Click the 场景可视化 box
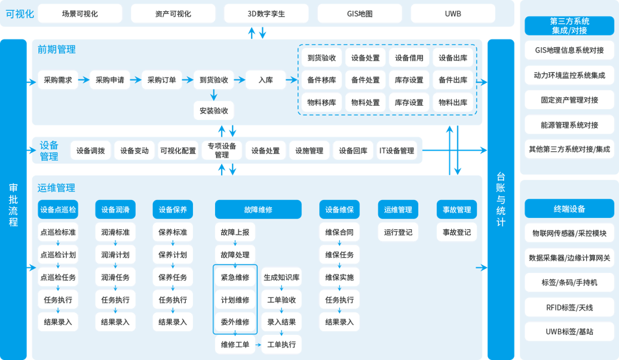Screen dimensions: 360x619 (x=79, y=13)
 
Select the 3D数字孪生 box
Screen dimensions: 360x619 (x=266, y=13)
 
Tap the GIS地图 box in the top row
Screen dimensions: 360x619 (x=359, y=13)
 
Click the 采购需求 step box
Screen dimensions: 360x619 (x=58, y=80)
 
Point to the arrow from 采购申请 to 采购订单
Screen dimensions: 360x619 (x=136, y=80)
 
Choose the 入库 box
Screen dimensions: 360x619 (x=266, y=80)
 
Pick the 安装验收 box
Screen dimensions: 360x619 (x=214, y=110)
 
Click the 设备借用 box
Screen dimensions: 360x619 (x=409, y=58)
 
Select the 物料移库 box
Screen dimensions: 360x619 (x=321, y=103)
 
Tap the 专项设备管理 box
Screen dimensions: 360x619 (x=222, y=150)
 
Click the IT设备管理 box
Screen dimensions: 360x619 (x=397, y=151)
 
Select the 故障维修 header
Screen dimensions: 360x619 (x=258, y=210)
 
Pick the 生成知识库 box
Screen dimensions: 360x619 (x=281, y=278)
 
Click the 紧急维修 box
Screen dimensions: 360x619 (x=235, y=278)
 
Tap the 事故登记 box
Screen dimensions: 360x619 (x=456, y=232)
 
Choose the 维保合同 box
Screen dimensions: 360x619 (x=339, y=232)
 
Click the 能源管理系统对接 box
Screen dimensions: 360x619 (x=569, y=125)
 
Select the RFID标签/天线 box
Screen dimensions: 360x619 (x=569, y=307)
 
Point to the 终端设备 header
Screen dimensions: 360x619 (x=569, y=209)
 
